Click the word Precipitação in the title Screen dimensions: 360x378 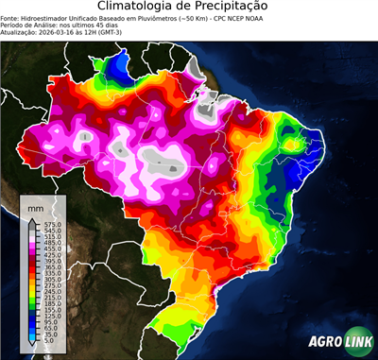236,7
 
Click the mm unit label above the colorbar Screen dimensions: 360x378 36,207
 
